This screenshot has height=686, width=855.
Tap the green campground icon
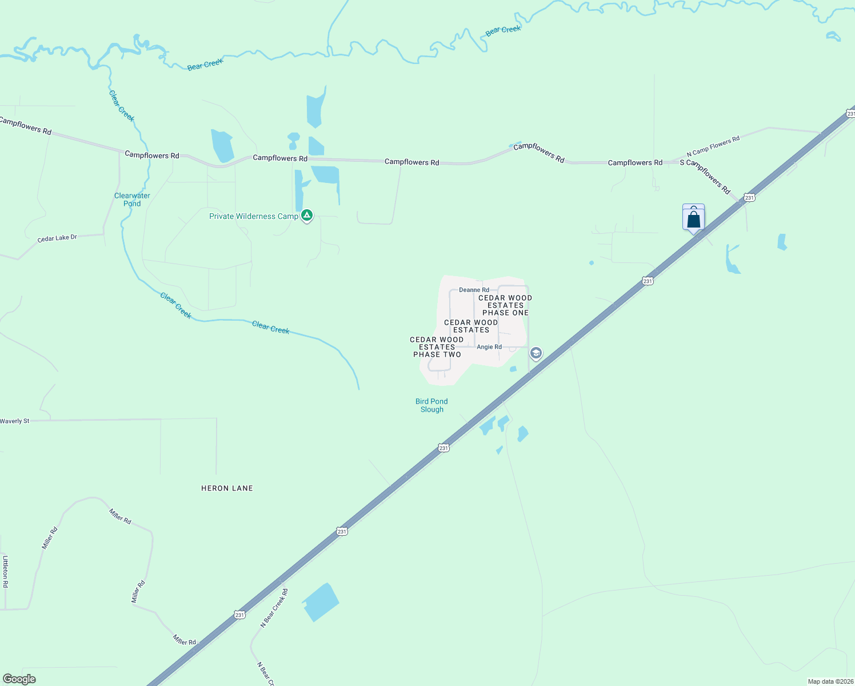click(307, 216)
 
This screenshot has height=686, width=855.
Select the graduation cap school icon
click(536, 353)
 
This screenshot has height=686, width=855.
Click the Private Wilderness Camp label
click(254, 216)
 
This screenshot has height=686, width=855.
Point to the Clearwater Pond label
click(132, 200)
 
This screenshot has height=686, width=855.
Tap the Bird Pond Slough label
click(432, 405)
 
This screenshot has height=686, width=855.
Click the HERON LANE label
click(227, 488)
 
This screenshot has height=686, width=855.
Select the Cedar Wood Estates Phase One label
click(505, 305)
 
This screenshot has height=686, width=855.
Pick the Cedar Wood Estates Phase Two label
click(437, 347)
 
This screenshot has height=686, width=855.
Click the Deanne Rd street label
click(474, 290)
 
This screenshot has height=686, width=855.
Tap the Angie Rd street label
click(489, 347)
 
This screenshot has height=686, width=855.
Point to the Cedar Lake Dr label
click(57, 238)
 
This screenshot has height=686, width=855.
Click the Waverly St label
click(15, 421)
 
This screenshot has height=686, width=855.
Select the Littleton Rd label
click(5, 572)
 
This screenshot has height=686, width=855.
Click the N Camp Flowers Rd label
click(713, 146)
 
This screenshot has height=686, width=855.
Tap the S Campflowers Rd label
click(705, 176)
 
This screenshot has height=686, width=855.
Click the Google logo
click(19, 679)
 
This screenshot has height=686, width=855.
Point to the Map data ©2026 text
click(830, 681)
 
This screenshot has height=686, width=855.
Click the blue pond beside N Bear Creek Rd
click(320, 602)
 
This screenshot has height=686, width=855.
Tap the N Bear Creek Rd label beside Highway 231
click(274, 608)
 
